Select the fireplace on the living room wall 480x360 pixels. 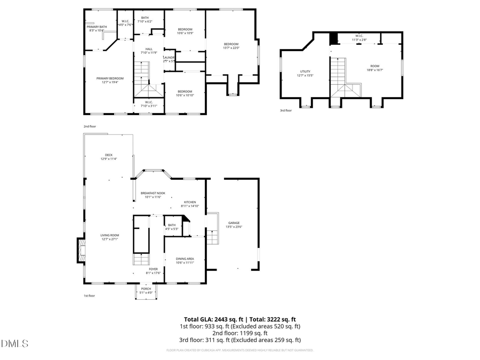(x=81, y=251)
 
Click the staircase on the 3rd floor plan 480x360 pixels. (x=337, y=74)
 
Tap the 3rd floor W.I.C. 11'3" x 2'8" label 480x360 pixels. (x=358, y=37)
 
